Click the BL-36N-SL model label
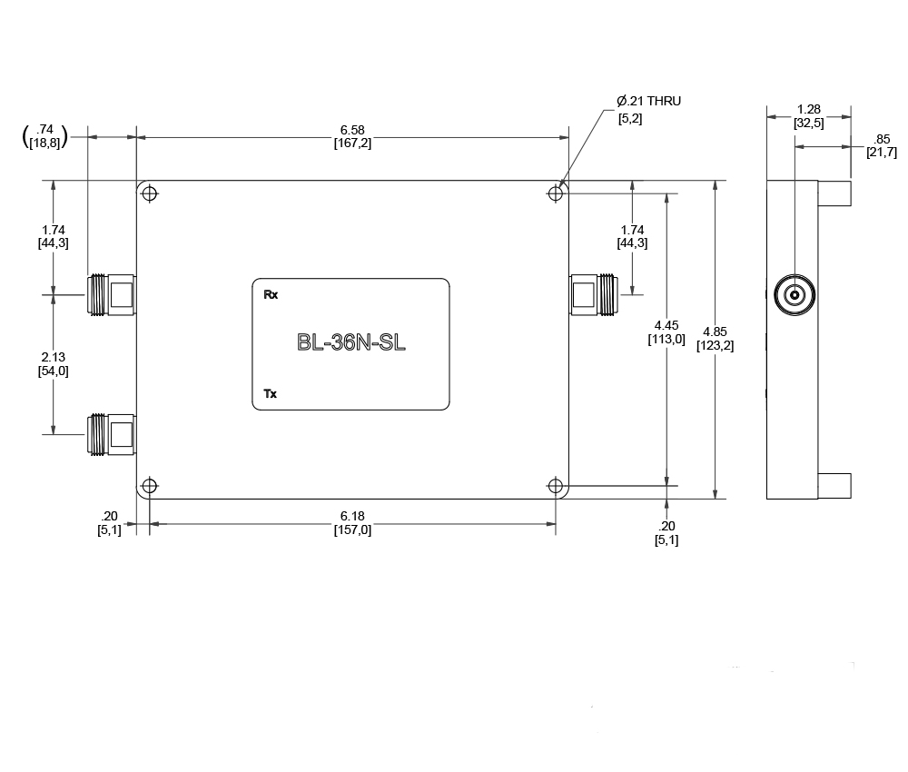pos(350,342)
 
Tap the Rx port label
pos(271,295)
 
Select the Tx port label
pos(271,394)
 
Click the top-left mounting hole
pos(150,193)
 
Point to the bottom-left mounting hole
pos(150,485)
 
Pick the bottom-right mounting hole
pos(556,485)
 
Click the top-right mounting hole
pos(556,193)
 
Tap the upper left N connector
pos(111,295)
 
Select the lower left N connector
pos(111,434)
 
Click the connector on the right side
pos(594,295)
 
